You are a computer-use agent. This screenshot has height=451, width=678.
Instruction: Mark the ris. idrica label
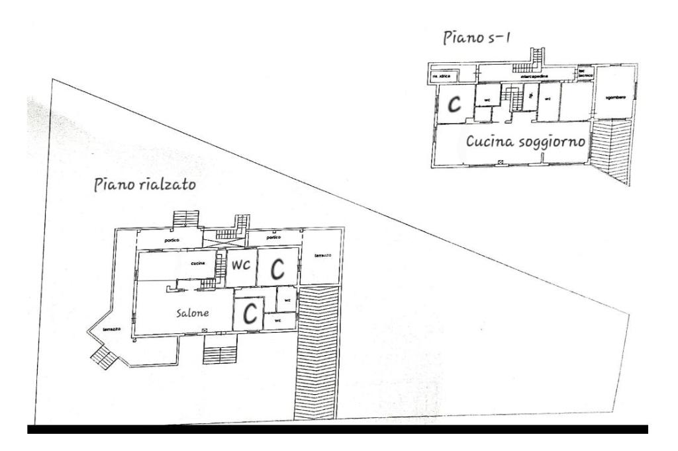pyautogui.click(x=442, y=77)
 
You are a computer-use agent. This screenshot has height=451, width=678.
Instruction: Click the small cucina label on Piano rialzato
pyautogui.click(x=197, y=263)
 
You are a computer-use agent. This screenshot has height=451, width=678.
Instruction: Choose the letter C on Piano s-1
pyautogui.click(x=454, y=104)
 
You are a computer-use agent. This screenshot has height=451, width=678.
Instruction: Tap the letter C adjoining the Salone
pyautogui.click(x=250, y=313)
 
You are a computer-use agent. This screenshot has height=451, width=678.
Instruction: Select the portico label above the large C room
pyautogui.click(x=273, y=237)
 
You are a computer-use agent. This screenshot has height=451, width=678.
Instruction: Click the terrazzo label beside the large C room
pyautogui.click(x=322, y=255)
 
